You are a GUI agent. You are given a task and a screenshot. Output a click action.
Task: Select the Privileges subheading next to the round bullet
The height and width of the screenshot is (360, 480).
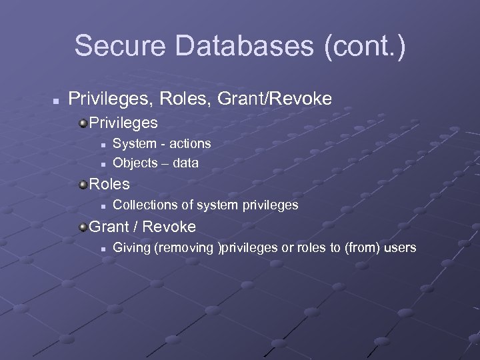(123, 123)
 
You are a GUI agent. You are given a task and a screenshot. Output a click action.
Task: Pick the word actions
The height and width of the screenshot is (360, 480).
(189, 143)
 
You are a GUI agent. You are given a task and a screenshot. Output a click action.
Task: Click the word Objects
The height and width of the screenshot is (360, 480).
(135, 162)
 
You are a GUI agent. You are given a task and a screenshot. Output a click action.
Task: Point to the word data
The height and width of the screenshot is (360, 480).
(185, 162)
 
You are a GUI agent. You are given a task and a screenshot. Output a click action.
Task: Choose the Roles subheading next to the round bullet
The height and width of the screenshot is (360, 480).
(109, 183)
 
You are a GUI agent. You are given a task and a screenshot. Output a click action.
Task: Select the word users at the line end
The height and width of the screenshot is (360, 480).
(399, 248)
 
